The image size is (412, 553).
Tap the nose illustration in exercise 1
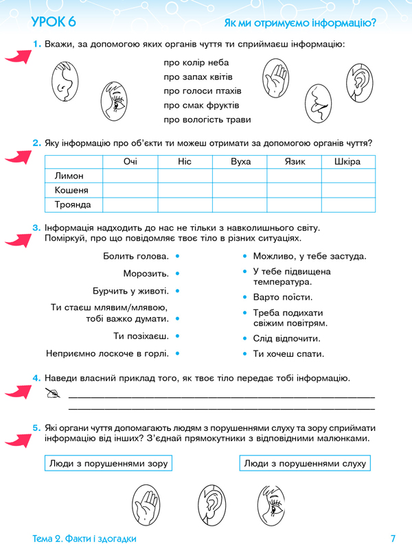tap(62, 81)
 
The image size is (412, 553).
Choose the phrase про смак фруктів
tap(201, 105)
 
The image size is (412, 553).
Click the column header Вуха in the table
tap(240, 161)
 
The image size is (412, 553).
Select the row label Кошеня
tap(71, 190)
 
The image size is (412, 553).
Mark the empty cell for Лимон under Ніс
tap(185, 176)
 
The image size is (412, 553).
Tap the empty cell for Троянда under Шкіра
tap(348, 204)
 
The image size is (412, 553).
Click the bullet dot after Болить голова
tap(178, 256)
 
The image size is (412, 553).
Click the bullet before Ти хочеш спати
tap(245, 354)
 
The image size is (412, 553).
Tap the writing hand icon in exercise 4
tap(51, 393)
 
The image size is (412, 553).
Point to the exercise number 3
tap(36, 228)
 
